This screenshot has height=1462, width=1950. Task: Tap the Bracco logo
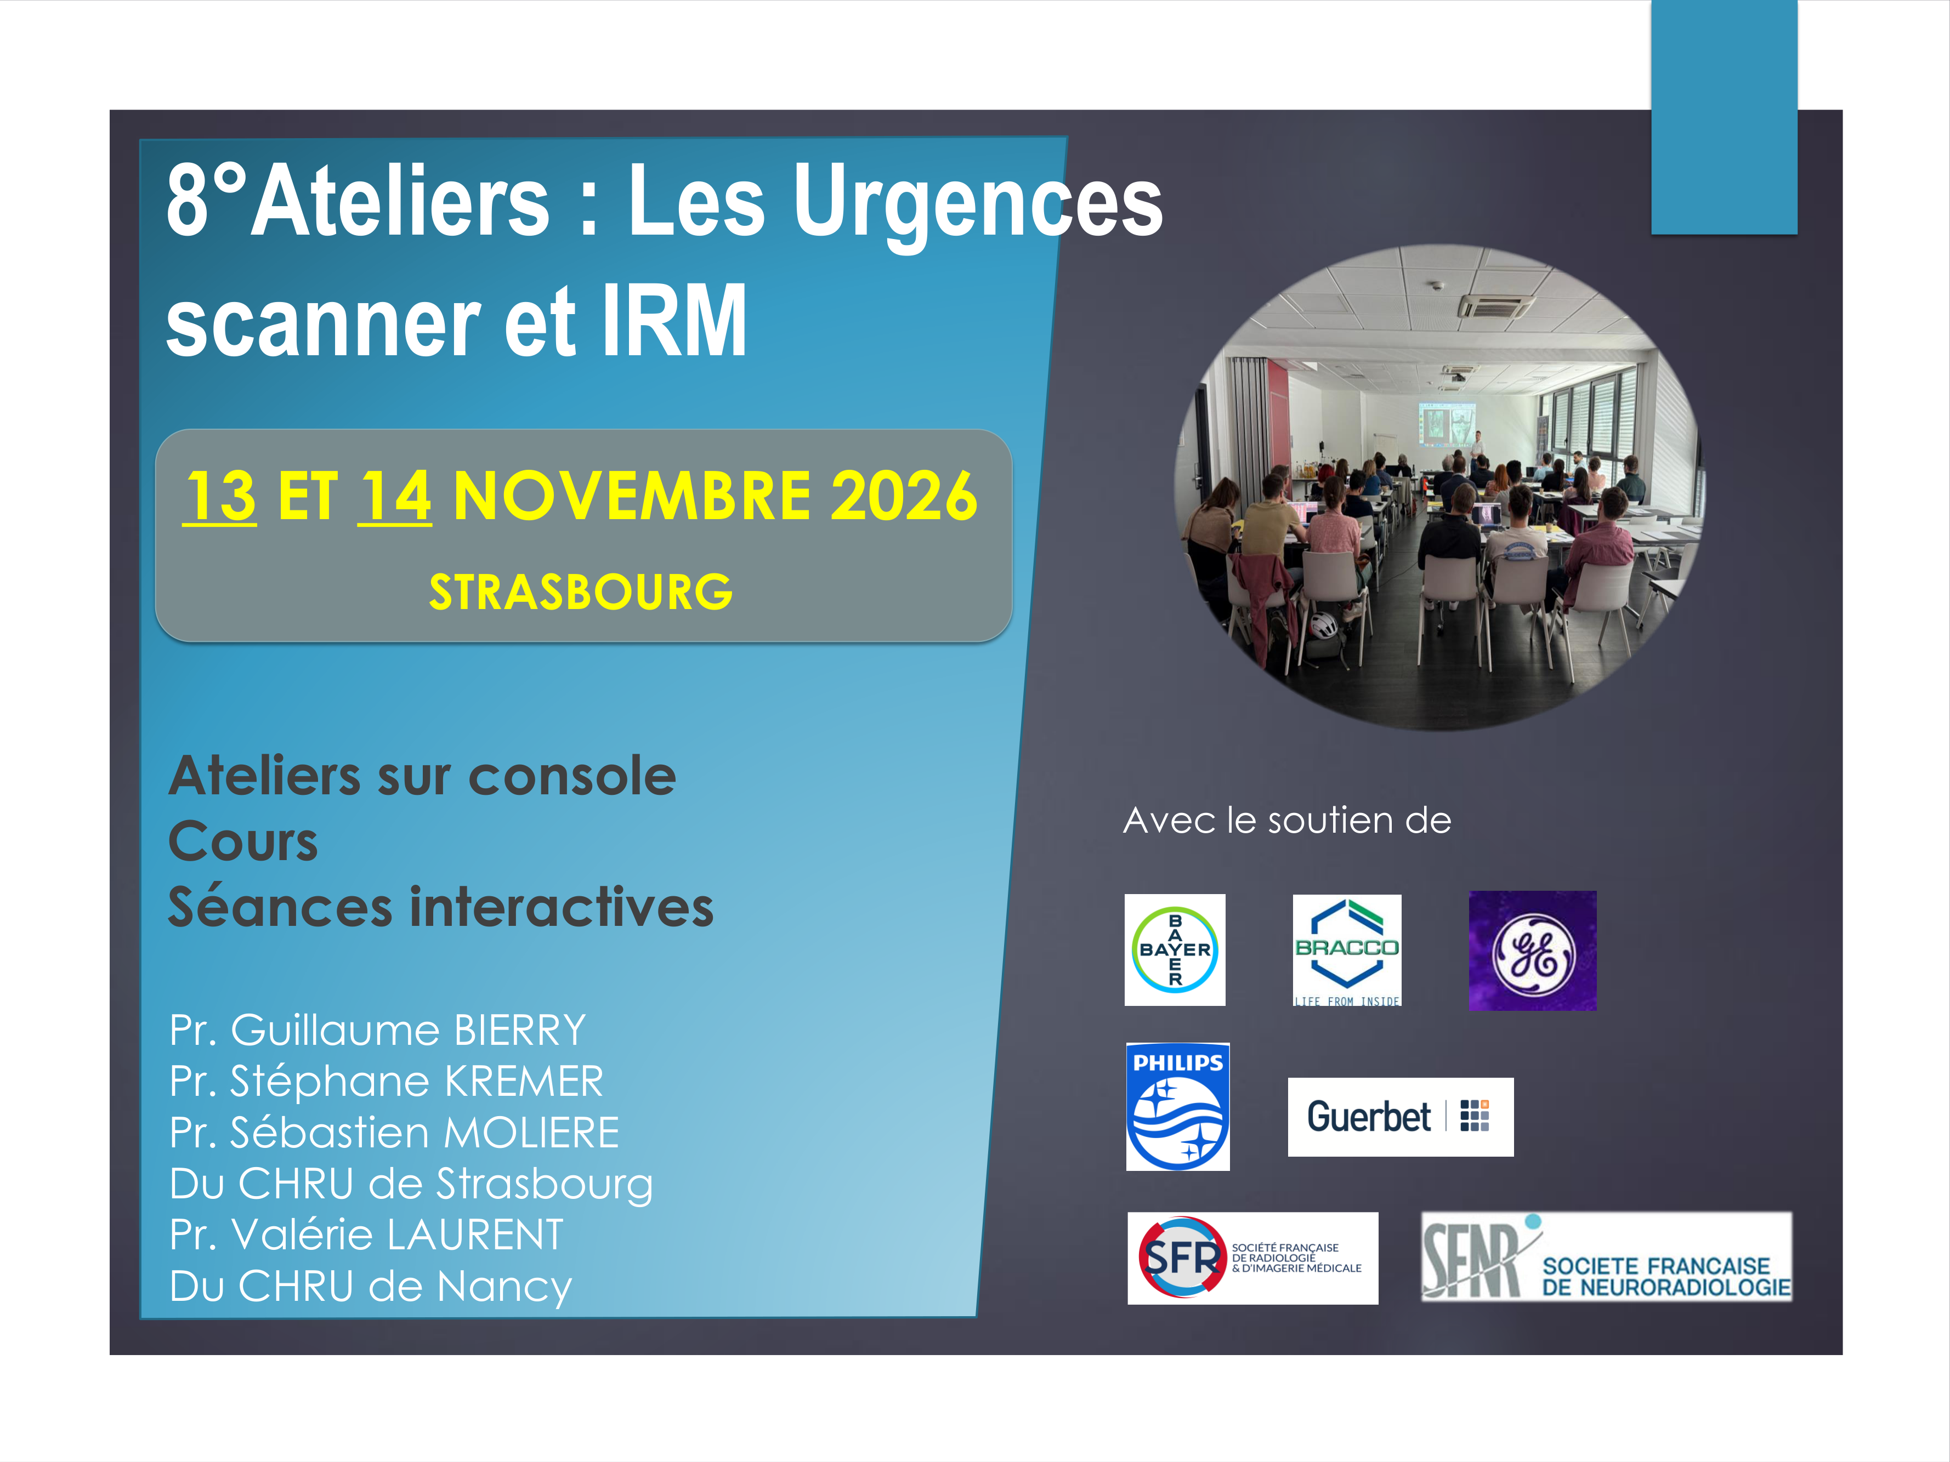tap(1346, 950)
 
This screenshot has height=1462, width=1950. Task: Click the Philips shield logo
tap(1178, 1106)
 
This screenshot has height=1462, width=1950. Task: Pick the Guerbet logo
tap(1400, 1117)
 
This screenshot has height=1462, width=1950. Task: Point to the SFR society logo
tap(1252, 1258)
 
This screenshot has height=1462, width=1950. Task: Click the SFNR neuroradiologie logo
tap(1606, 1256)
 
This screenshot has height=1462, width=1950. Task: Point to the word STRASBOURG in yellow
tap(581, 591)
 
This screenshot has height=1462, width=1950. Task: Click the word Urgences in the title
tap(978, 203)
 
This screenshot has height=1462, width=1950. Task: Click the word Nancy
tap(504, 1288)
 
